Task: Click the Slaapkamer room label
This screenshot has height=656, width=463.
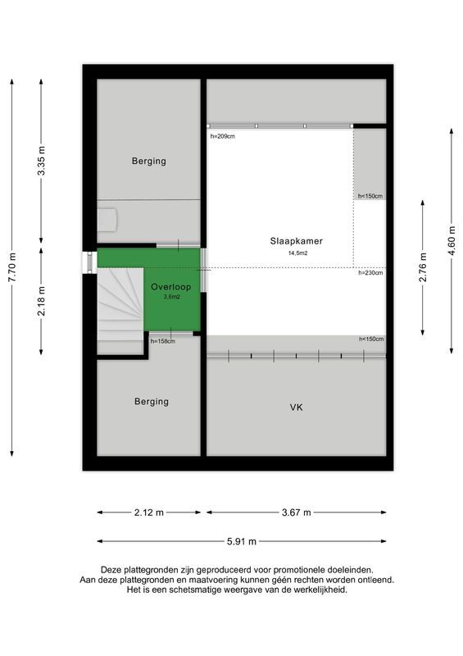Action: (297, 241)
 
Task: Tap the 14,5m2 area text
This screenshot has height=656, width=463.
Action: (297, 253)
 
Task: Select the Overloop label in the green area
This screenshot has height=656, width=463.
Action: (170, 287)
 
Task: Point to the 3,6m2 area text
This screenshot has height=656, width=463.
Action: (170, 298)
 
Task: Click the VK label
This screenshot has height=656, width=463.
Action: (296, 407)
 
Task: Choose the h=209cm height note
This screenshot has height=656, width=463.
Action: (223, 136)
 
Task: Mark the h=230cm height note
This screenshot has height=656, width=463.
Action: (370, 273)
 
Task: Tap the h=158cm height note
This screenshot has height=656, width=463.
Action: (162, 340)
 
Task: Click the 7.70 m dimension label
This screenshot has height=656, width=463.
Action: (11, 267)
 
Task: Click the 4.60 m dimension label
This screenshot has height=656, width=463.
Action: (452, 240)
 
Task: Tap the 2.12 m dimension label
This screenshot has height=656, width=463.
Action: (148, 512)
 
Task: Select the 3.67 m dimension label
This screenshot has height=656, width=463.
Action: (296, 512)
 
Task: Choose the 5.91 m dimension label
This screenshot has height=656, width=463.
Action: (242, 541)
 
